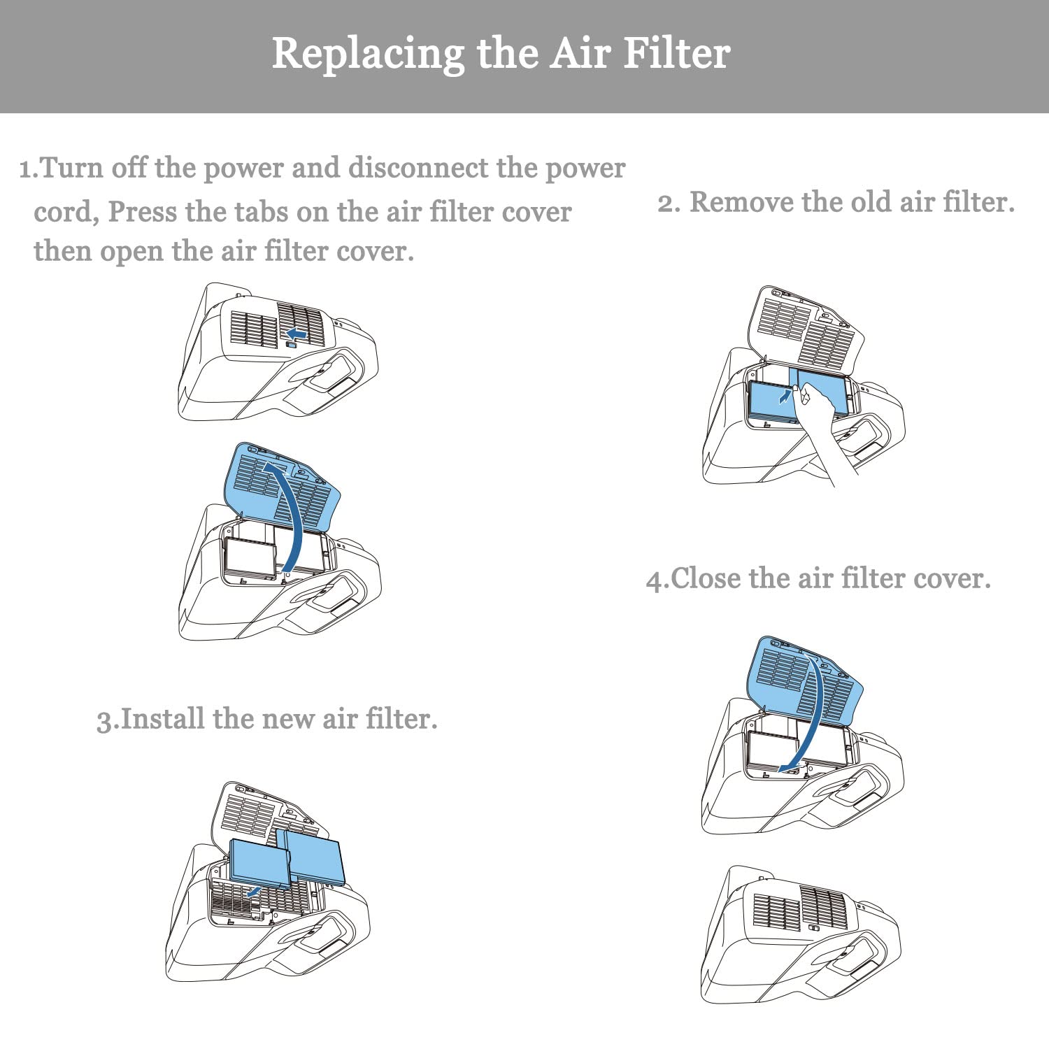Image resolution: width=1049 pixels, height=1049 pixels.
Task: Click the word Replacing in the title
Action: pyautogui.click(x=368, y=54)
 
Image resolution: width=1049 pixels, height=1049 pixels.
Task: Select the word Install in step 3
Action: pyautogui.click(x=163, y=719)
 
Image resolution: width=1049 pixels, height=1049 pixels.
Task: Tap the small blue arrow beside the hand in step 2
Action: pyautogui.click(x=786, y=397)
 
